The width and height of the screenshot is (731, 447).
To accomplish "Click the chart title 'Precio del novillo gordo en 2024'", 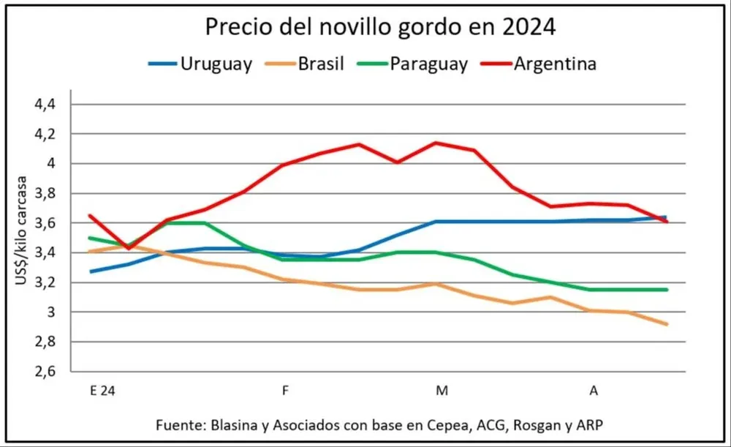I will (380, 27).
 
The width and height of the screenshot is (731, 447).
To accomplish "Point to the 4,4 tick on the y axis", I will (45, 105).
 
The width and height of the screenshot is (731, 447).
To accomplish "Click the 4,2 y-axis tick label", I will (45, 135).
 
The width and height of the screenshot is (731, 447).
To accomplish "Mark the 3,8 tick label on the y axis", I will (45, 194).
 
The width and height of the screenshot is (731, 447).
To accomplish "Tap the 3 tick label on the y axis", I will (51, 312).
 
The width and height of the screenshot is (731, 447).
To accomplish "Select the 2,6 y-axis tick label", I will (45, 372).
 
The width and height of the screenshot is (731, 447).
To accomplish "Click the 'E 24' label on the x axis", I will (102, 391).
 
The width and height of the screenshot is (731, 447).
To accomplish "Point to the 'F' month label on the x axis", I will (284, 391).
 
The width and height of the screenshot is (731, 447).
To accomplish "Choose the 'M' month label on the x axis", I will (442, 391).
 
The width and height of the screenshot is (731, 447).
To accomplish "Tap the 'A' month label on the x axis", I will (594, 391).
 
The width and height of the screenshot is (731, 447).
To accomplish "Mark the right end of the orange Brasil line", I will (666, 324).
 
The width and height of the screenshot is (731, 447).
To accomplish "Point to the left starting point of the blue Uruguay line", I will (90, 271).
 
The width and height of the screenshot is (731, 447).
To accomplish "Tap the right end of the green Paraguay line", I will (666, 290).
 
